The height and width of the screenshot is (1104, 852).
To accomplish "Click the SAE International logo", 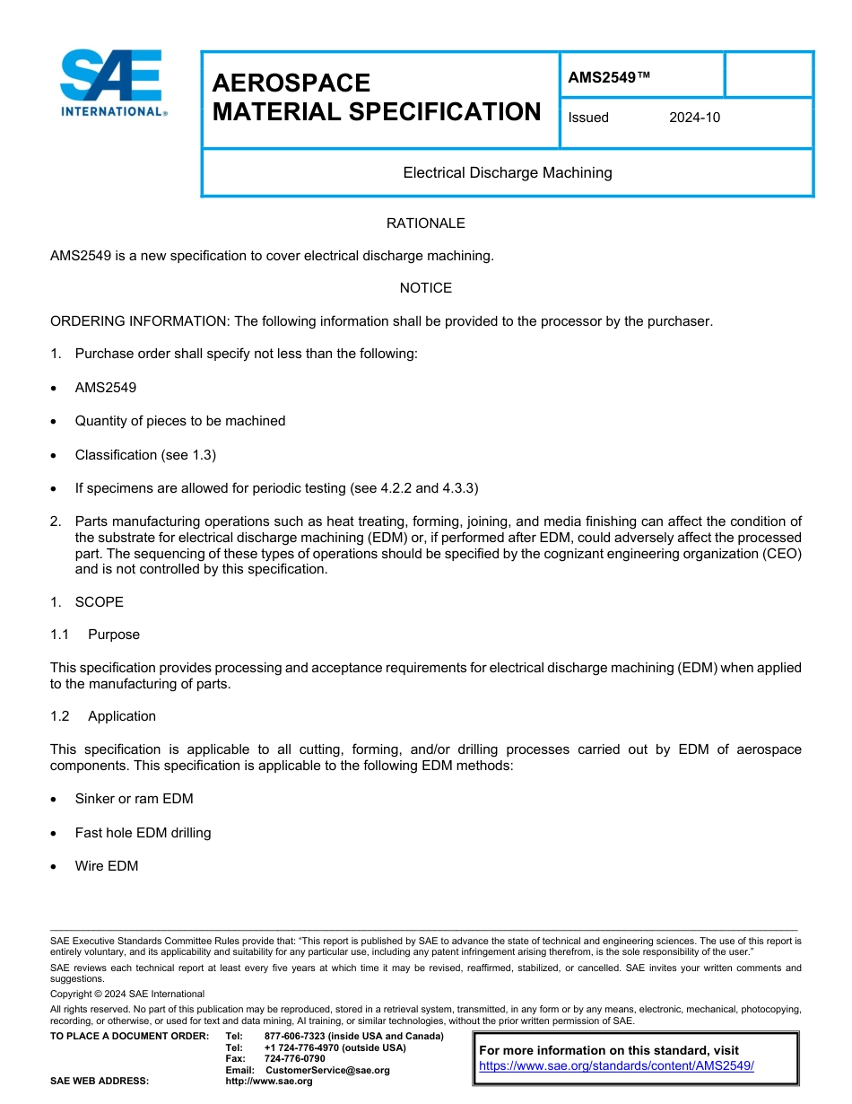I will point(112,83).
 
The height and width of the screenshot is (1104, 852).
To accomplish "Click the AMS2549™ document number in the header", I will point(608,77).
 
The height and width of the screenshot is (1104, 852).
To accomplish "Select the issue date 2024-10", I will point(693,118).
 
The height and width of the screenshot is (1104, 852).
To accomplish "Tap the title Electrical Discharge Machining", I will point(507,172).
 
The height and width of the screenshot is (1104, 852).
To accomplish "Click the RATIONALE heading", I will point(425,223).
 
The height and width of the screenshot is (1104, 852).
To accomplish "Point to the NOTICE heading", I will point(425,288).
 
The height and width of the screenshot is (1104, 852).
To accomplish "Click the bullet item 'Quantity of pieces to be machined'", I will point(180,421).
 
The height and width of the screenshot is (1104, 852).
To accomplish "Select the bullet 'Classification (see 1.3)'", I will point(145,455).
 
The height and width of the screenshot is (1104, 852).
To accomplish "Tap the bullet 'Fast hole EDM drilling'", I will point(143,833).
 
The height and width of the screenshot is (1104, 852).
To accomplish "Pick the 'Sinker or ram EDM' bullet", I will point(134,799).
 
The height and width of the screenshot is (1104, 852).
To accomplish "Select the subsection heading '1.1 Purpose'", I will point(95,635).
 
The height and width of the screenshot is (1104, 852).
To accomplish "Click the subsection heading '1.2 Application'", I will point(103,716).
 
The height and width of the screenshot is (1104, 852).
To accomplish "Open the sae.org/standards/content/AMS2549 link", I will point(616,1066).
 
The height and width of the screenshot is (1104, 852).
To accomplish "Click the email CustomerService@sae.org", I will point(327,1070).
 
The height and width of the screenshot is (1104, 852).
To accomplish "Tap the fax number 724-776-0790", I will point(294,1059).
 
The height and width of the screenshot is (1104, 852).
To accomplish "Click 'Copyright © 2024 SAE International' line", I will point(127,994).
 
